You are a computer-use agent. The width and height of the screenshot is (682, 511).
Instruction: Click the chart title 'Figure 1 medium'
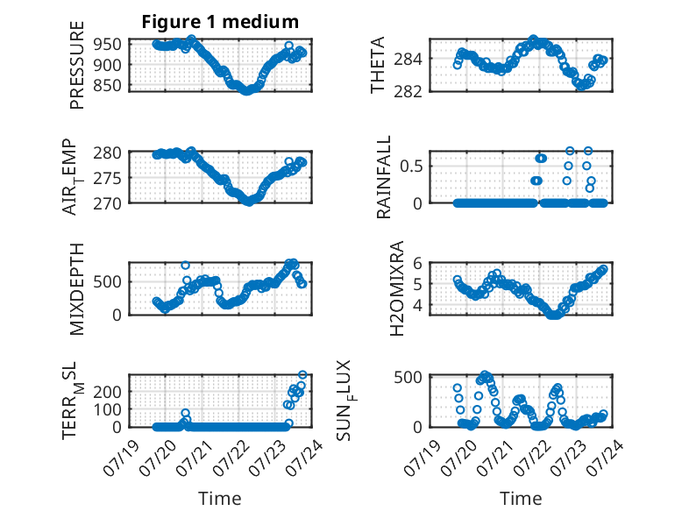click(220, 22)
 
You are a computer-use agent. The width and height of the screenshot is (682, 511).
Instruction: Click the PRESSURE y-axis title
click(76, 65)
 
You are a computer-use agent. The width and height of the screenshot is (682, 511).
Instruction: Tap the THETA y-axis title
click(378, 65)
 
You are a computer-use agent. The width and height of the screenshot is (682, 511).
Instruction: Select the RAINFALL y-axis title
click(384, 177)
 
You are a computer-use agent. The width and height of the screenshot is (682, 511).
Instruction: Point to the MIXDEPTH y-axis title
click(76, 289)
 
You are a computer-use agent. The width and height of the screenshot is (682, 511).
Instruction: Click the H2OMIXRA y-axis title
click(397, 288)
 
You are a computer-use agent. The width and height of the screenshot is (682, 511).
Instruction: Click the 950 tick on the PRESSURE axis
click(107, 44)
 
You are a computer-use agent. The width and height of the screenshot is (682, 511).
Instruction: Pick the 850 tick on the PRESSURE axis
click(107, 85)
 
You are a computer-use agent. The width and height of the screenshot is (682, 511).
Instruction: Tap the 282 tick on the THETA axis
click(408, 91)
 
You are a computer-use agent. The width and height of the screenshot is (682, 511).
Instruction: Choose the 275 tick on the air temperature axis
click(107, 178)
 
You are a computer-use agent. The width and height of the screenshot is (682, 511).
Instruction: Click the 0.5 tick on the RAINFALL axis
click(411, 167)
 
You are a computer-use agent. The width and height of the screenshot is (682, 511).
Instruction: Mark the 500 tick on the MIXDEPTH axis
click(107, 281)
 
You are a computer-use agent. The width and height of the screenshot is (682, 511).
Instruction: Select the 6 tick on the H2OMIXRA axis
click(417, 263)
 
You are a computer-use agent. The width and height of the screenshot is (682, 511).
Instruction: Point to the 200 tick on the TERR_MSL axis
click(107, 392)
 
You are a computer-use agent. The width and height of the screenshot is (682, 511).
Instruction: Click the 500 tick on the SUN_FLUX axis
click(408, 377)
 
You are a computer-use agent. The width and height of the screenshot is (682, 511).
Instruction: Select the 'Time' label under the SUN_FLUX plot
click(521, 499)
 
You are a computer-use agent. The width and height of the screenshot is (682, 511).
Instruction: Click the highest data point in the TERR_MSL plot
click(302, 375)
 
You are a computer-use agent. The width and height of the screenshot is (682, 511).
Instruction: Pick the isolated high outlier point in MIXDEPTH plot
click(185, 266)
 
